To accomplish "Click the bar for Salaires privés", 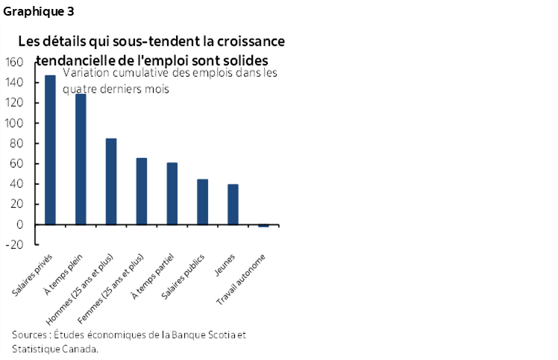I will pyautogui.click(x=50, y=149).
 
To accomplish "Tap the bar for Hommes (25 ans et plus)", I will pyautogui.click(x=111, y=181).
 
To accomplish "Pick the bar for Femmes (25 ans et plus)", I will pyautogui.click(x=142, y=191).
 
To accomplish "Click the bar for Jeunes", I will pyautogui.click(x=233, y=204).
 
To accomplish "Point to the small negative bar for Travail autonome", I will pyautogui.click(x=263, y=225).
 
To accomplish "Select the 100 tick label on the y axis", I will pyautogui.click(x=16, y=123).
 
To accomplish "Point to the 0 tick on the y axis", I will pyautogui.click(x=20, y=224).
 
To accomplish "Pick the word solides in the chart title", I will pyautogui.click(x=243, y=60).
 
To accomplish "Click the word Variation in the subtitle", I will pyautogui.click(x=87, y=73).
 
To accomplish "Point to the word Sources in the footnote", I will pyautogui.click(x=28, y=334).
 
